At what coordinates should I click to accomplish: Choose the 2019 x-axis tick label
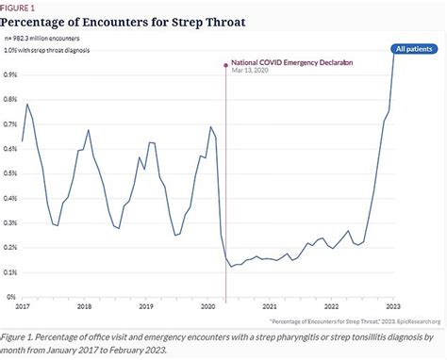145,306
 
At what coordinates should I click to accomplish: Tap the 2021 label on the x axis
269,306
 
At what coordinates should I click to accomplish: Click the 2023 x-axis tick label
393,306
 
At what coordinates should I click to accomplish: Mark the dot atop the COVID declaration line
225,65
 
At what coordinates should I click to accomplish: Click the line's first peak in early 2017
27,105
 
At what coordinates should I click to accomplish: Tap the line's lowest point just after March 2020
232,267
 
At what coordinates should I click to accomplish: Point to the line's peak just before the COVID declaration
210,127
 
